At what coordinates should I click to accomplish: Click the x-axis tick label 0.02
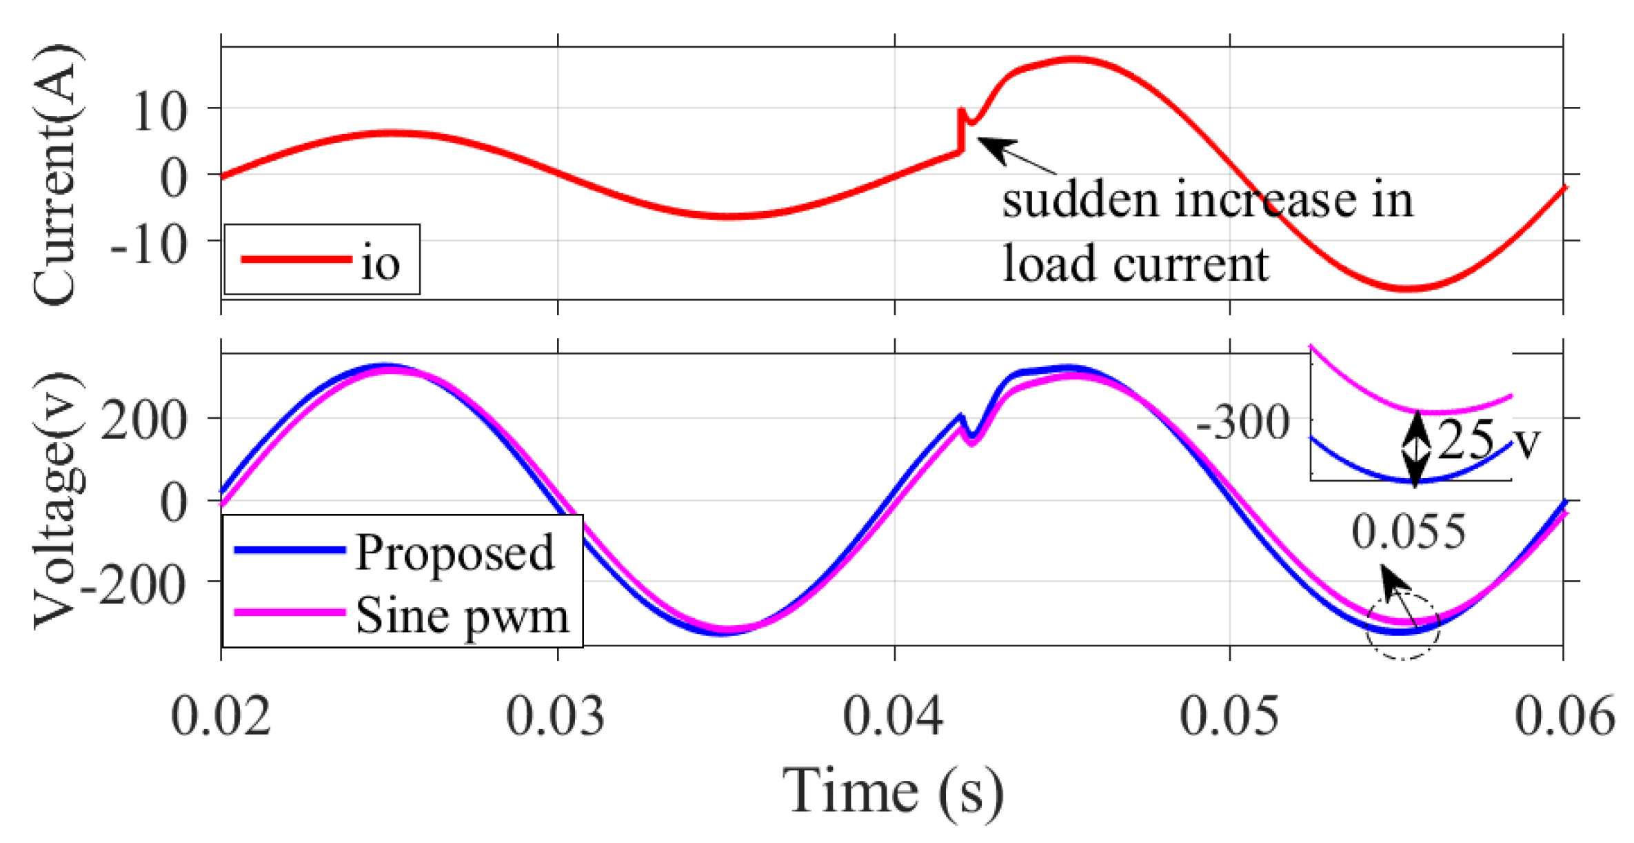click(220, 716)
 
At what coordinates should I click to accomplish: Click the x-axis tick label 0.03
click(556, 716)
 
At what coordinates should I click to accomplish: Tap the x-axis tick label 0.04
click(894, 716)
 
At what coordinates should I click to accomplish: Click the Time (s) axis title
click(894, 791)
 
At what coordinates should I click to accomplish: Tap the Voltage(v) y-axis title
click(58, 500)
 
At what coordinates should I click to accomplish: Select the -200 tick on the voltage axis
click(134, 585)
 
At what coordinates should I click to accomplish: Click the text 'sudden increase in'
click(1207, 200)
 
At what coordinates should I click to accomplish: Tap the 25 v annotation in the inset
click(1489, 439)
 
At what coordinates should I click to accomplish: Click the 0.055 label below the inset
click(1408, 533)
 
